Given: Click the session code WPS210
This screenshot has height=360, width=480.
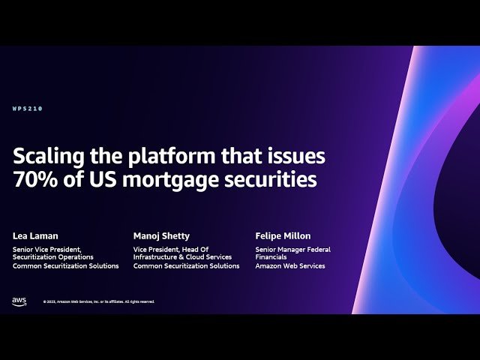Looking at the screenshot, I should pos(27,109).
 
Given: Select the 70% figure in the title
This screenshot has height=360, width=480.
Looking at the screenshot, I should pos(34,180).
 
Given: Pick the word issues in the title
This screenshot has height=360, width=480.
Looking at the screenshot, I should pos(295,156).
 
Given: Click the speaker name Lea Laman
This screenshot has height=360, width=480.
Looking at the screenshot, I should pos(35,236).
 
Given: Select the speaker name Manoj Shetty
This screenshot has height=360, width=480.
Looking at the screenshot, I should pos(161,236).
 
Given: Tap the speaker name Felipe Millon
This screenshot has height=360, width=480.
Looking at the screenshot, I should pos(282,236).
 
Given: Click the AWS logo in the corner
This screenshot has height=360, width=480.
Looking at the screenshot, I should pos(19,301).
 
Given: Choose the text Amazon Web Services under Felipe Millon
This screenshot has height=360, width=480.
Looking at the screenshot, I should pos(290,266).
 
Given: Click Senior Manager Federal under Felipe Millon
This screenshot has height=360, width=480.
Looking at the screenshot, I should pos(292,250).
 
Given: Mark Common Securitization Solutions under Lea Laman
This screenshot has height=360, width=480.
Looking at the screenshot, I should pos(66,266).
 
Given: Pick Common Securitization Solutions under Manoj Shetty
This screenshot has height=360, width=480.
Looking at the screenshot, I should pos(187,266).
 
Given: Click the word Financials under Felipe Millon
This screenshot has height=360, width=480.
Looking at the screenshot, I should pos(271,258).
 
